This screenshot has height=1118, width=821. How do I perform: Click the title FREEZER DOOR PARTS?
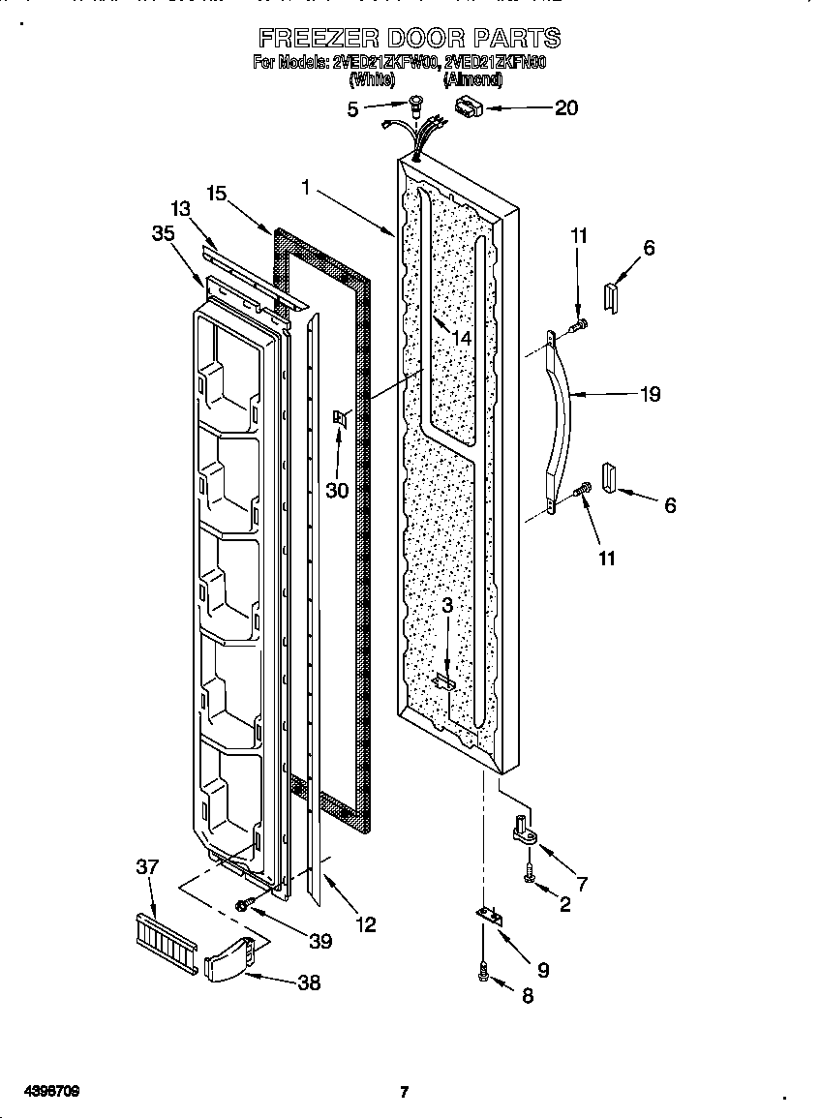point(410,39)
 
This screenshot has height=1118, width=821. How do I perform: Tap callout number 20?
point(565,107)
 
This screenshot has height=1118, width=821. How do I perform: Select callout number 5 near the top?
point(353,109)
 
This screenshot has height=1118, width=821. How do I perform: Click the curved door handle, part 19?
point(563,416)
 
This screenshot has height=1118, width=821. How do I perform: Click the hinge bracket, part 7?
point(524,831)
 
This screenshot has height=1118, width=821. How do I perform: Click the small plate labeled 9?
point(492,916)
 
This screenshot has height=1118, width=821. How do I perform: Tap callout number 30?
point(336,490)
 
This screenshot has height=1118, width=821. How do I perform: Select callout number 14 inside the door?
point(461,339)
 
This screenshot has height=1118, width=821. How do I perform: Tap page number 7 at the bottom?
point(404,1093)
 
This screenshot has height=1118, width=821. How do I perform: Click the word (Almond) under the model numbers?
point(473,81)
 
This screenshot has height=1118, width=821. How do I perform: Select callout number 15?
point(215,195)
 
